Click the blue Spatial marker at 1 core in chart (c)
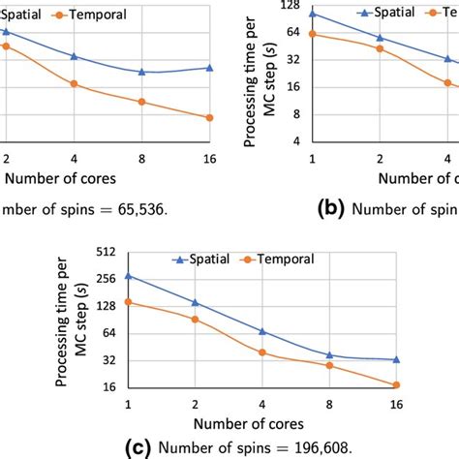click(x=129, y=276)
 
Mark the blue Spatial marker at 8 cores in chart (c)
click(x=329, y=355)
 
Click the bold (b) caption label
click(x=329, y=206)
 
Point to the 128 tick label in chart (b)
click(x=290, y=5)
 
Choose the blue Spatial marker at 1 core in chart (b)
click(x=313, y=14)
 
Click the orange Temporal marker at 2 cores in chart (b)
click(x=380, y=48)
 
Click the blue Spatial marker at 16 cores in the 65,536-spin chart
click(x=209, y=68)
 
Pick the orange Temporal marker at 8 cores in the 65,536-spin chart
click(x=141, y=101)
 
